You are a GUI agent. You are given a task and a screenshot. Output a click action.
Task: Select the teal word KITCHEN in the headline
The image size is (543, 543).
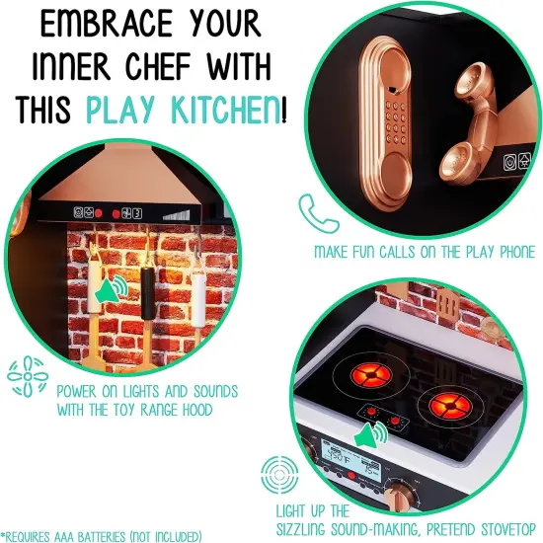point(225,110)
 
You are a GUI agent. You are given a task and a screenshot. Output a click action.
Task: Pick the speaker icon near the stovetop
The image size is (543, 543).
point(371,436)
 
